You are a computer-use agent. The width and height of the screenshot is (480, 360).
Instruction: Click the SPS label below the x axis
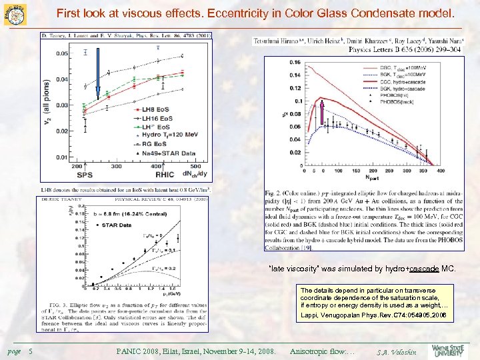pos(85,175)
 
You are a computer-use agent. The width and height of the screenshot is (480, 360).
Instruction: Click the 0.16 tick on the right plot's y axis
pos(294,63)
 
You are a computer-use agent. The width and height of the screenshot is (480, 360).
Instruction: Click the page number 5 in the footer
pos(31,350)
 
